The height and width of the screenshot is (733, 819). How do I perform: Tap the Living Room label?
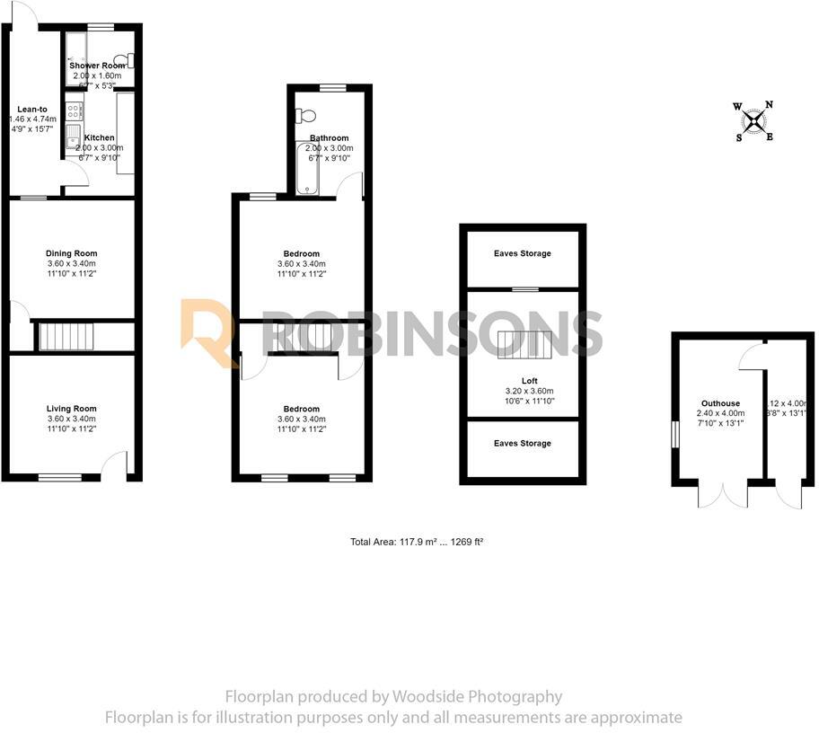click(72, 409)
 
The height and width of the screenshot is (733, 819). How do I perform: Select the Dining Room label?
click(72, 253)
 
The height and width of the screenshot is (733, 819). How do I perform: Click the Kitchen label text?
click(99, 137)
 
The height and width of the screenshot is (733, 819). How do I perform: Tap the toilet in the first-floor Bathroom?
click(306, 116)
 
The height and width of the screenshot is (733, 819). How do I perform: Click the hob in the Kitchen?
click(73, 112)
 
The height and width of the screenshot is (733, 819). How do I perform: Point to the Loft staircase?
click(524, 343)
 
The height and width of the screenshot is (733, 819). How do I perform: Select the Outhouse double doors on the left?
click(722, 494)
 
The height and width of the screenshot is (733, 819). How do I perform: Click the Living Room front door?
click(115, 464)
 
